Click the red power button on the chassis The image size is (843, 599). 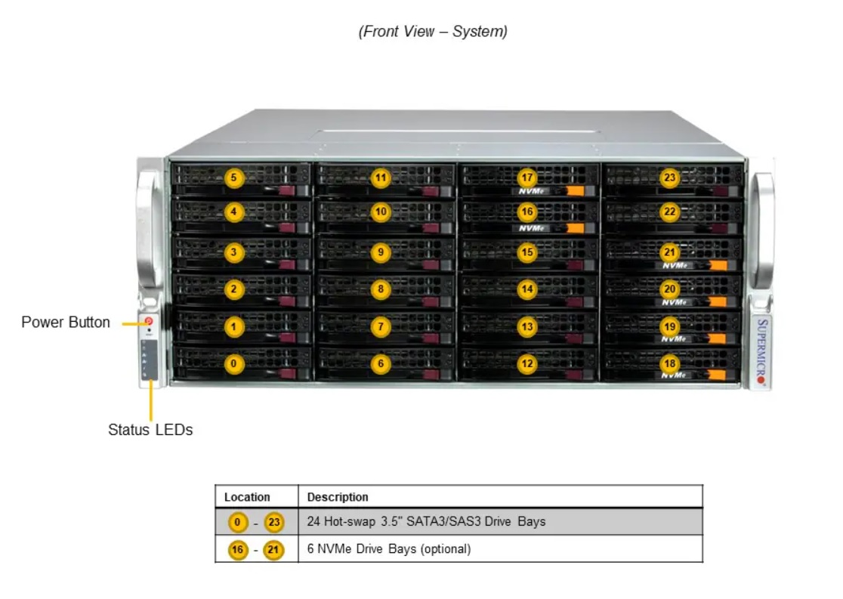coord(148,321)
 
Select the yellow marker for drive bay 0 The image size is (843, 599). coord(233,363)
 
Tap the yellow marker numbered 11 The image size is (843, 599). coord(381,178)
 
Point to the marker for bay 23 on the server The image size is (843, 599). coord(669,178)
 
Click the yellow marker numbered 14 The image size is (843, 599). coord(527,289)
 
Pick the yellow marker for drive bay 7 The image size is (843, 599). coord(381,326)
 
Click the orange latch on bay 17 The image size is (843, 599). coord(576,191)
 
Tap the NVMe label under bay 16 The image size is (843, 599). coord(532,228)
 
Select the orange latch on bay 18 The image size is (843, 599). coord(717,375)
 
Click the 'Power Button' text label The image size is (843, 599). coord(66,322)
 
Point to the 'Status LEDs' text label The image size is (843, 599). coord(150,430)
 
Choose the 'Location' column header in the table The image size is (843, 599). coord(247,497)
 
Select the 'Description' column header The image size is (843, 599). coord(338,497)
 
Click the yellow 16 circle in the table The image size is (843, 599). coord(238,550)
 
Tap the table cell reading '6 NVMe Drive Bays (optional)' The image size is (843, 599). coord(389,548)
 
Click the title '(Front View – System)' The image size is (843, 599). coord(433,31)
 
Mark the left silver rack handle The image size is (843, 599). coord(148,230)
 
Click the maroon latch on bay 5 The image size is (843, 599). coord(287,191)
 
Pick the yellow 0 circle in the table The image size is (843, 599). coord(238,521)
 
